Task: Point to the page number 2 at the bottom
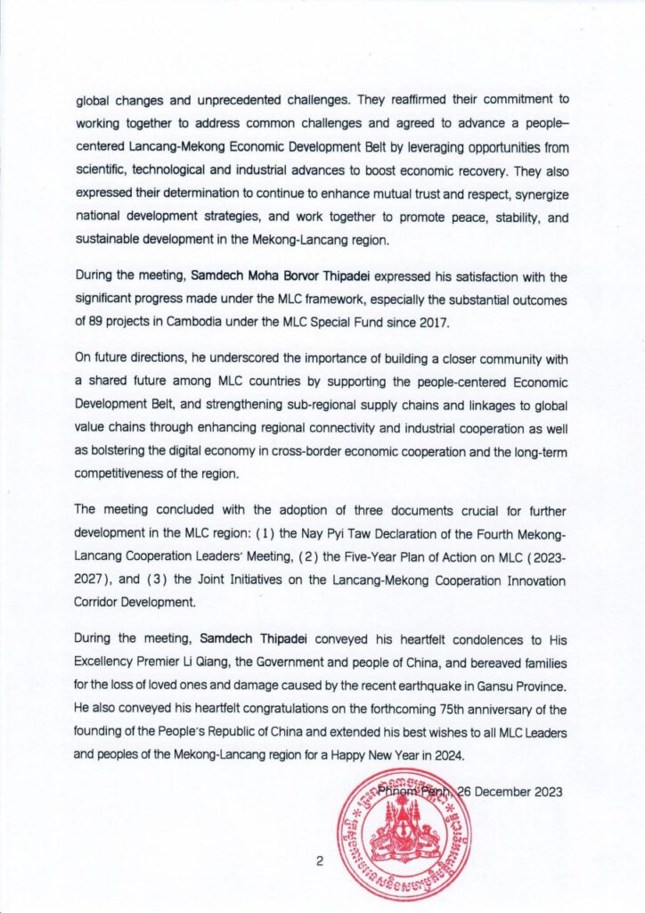[x=318, y=861]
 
